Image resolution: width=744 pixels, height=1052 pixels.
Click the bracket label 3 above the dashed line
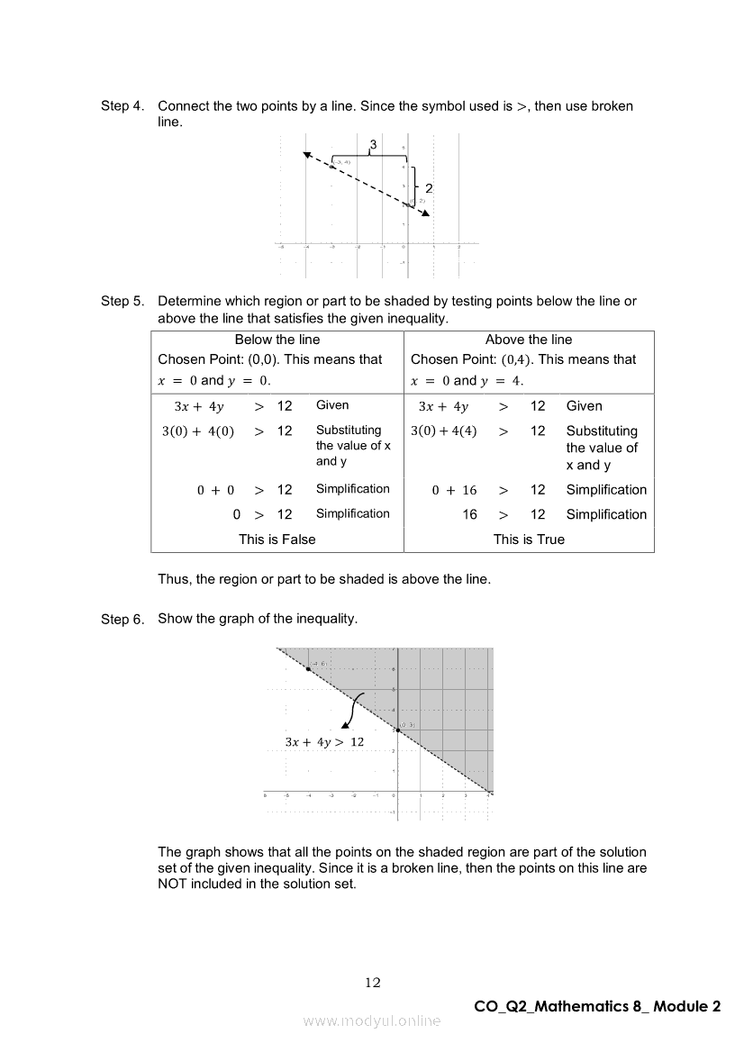(x=373, y=144)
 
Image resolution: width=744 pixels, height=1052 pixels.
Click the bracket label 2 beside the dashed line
(x=429, y=188)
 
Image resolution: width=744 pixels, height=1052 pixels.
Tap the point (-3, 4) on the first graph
(x=332, y=167)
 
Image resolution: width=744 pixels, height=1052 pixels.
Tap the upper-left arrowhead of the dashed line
(x=307, y=155)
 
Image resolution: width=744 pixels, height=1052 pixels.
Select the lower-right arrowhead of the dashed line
(x=426, y=213)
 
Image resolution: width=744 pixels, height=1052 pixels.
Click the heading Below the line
(x=277, y=340)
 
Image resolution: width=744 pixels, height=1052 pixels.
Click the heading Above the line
(x=529, y=340)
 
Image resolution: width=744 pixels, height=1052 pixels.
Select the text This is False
(x=277, y=540)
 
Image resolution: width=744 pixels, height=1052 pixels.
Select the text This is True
(x=529, y=540)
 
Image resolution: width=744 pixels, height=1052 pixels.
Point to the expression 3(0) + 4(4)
(x=444, y=431)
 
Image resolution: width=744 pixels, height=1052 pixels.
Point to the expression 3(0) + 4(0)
(x=198, y=431)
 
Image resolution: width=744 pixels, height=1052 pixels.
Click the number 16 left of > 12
(x=470, y=514)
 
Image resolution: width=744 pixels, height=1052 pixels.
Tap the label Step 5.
(x=122, y=302)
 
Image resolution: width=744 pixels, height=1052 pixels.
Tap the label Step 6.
(x=122, y=620)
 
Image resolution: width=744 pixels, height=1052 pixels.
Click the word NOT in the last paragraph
(x=173, y=884)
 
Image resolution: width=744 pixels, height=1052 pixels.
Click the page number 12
(x=373, y=983)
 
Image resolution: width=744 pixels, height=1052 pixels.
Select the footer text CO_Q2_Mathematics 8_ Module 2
(x=597, y=1007)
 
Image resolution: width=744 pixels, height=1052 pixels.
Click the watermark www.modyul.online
(x=372, y=1020)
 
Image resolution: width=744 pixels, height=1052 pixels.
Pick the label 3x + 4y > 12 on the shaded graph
(x=324, y=742)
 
